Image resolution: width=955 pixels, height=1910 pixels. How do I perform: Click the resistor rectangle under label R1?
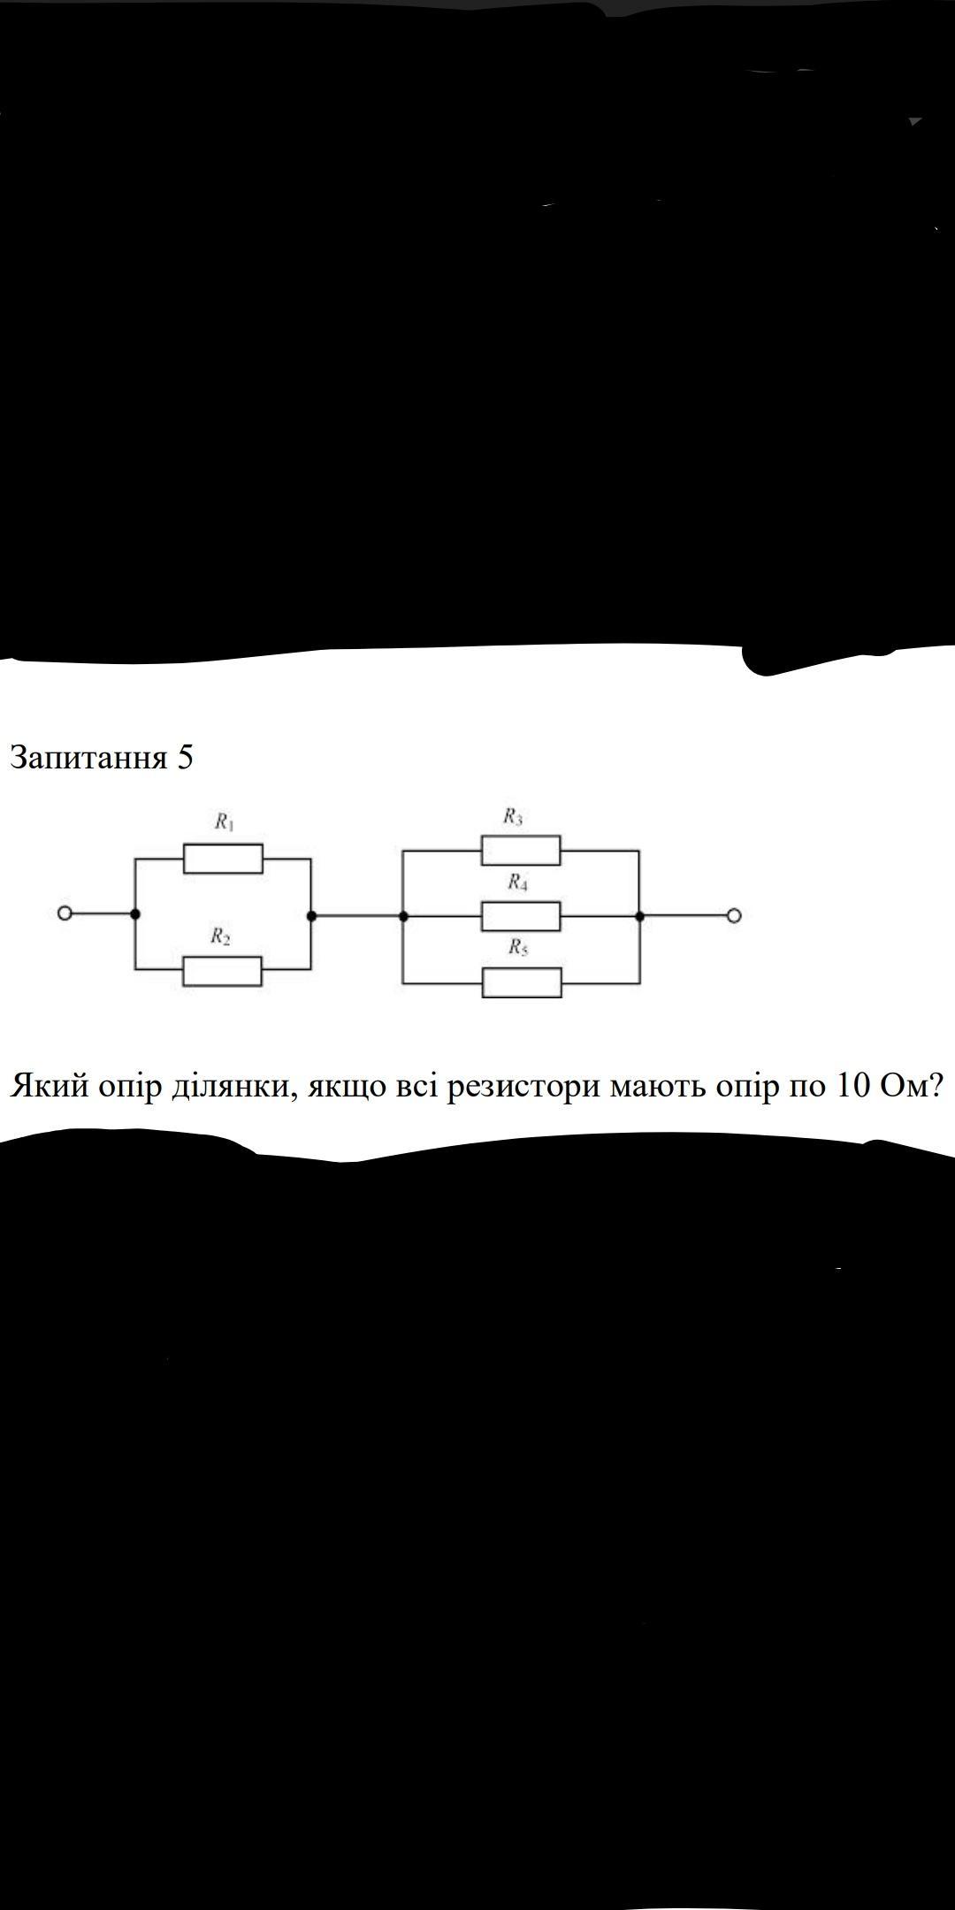tap(223, 859)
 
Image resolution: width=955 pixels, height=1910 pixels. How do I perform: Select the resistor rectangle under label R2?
tap(222, 970)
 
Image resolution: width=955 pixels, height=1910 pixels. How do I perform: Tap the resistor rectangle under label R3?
tap(521, 851)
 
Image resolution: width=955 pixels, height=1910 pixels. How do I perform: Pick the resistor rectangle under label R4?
tap(521, 916)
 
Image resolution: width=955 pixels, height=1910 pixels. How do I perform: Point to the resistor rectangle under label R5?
tap(522, 982)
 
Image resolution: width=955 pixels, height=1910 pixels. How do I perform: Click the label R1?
tap(225, 822)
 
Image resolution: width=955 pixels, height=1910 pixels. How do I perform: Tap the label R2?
tap(220, 936)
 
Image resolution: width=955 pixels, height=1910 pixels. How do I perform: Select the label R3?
tap(513, 816)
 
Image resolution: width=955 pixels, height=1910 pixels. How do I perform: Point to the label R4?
tap(518, 882)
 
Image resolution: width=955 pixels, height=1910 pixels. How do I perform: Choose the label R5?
tap(518, 948)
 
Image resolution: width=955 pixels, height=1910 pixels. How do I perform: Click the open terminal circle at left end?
tap(64, 914)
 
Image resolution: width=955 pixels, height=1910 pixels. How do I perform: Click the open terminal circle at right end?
tap(734, 916)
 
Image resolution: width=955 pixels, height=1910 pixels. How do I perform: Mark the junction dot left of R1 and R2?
tap(134, 914)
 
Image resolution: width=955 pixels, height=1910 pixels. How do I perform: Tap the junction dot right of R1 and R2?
tap(311, 916)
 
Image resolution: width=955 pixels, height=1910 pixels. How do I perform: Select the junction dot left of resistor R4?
tap(403, 916)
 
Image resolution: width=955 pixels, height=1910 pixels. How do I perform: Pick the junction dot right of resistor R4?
tap(639, 916)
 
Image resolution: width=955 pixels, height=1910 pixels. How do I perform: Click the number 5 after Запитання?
tap(184, 758)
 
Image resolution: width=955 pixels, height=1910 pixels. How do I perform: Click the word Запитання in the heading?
tap(88, 758)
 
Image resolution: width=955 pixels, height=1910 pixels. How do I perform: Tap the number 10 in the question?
tap(850, 1085)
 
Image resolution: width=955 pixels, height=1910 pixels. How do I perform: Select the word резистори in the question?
tap(523, 1086)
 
